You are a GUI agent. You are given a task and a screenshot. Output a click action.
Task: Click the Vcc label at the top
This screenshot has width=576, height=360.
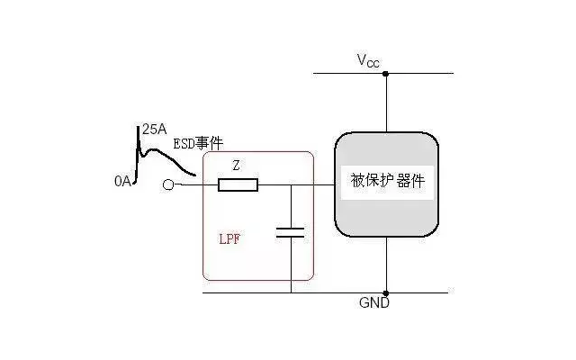(x=368, y=60)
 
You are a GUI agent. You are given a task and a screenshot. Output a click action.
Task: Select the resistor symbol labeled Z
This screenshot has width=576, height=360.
(x=238, y=185)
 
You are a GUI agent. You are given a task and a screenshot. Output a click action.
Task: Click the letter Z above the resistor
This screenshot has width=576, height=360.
(x=236, y=166)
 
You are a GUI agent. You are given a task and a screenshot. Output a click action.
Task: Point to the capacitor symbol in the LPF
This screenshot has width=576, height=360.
(x=291, y=232)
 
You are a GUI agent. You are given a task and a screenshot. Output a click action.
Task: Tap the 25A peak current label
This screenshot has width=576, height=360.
(x=154, y=130)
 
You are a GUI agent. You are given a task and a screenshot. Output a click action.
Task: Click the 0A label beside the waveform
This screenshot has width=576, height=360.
(x=123, y=181)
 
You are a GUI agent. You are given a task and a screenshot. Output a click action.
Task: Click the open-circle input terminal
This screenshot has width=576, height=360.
(x=168, y=185)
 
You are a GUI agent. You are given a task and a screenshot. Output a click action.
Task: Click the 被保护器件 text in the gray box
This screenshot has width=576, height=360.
(x=387, y=181)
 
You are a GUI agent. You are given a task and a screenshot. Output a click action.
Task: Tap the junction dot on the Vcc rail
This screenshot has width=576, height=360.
(x=386, y=73)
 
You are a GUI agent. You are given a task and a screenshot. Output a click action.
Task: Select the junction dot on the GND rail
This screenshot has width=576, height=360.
(x=386, y=292)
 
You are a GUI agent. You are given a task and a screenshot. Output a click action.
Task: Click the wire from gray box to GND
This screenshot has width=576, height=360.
(x=386, y=265)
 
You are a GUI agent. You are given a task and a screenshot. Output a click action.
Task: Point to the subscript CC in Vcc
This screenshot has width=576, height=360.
(x=373, y=63)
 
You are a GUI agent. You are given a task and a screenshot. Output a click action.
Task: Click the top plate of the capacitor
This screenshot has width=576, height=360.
(x=291, y=229)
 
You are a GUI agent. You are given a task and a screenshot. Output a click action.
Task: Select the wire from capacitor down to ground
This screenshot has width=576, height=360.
(x=291, y=265)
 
